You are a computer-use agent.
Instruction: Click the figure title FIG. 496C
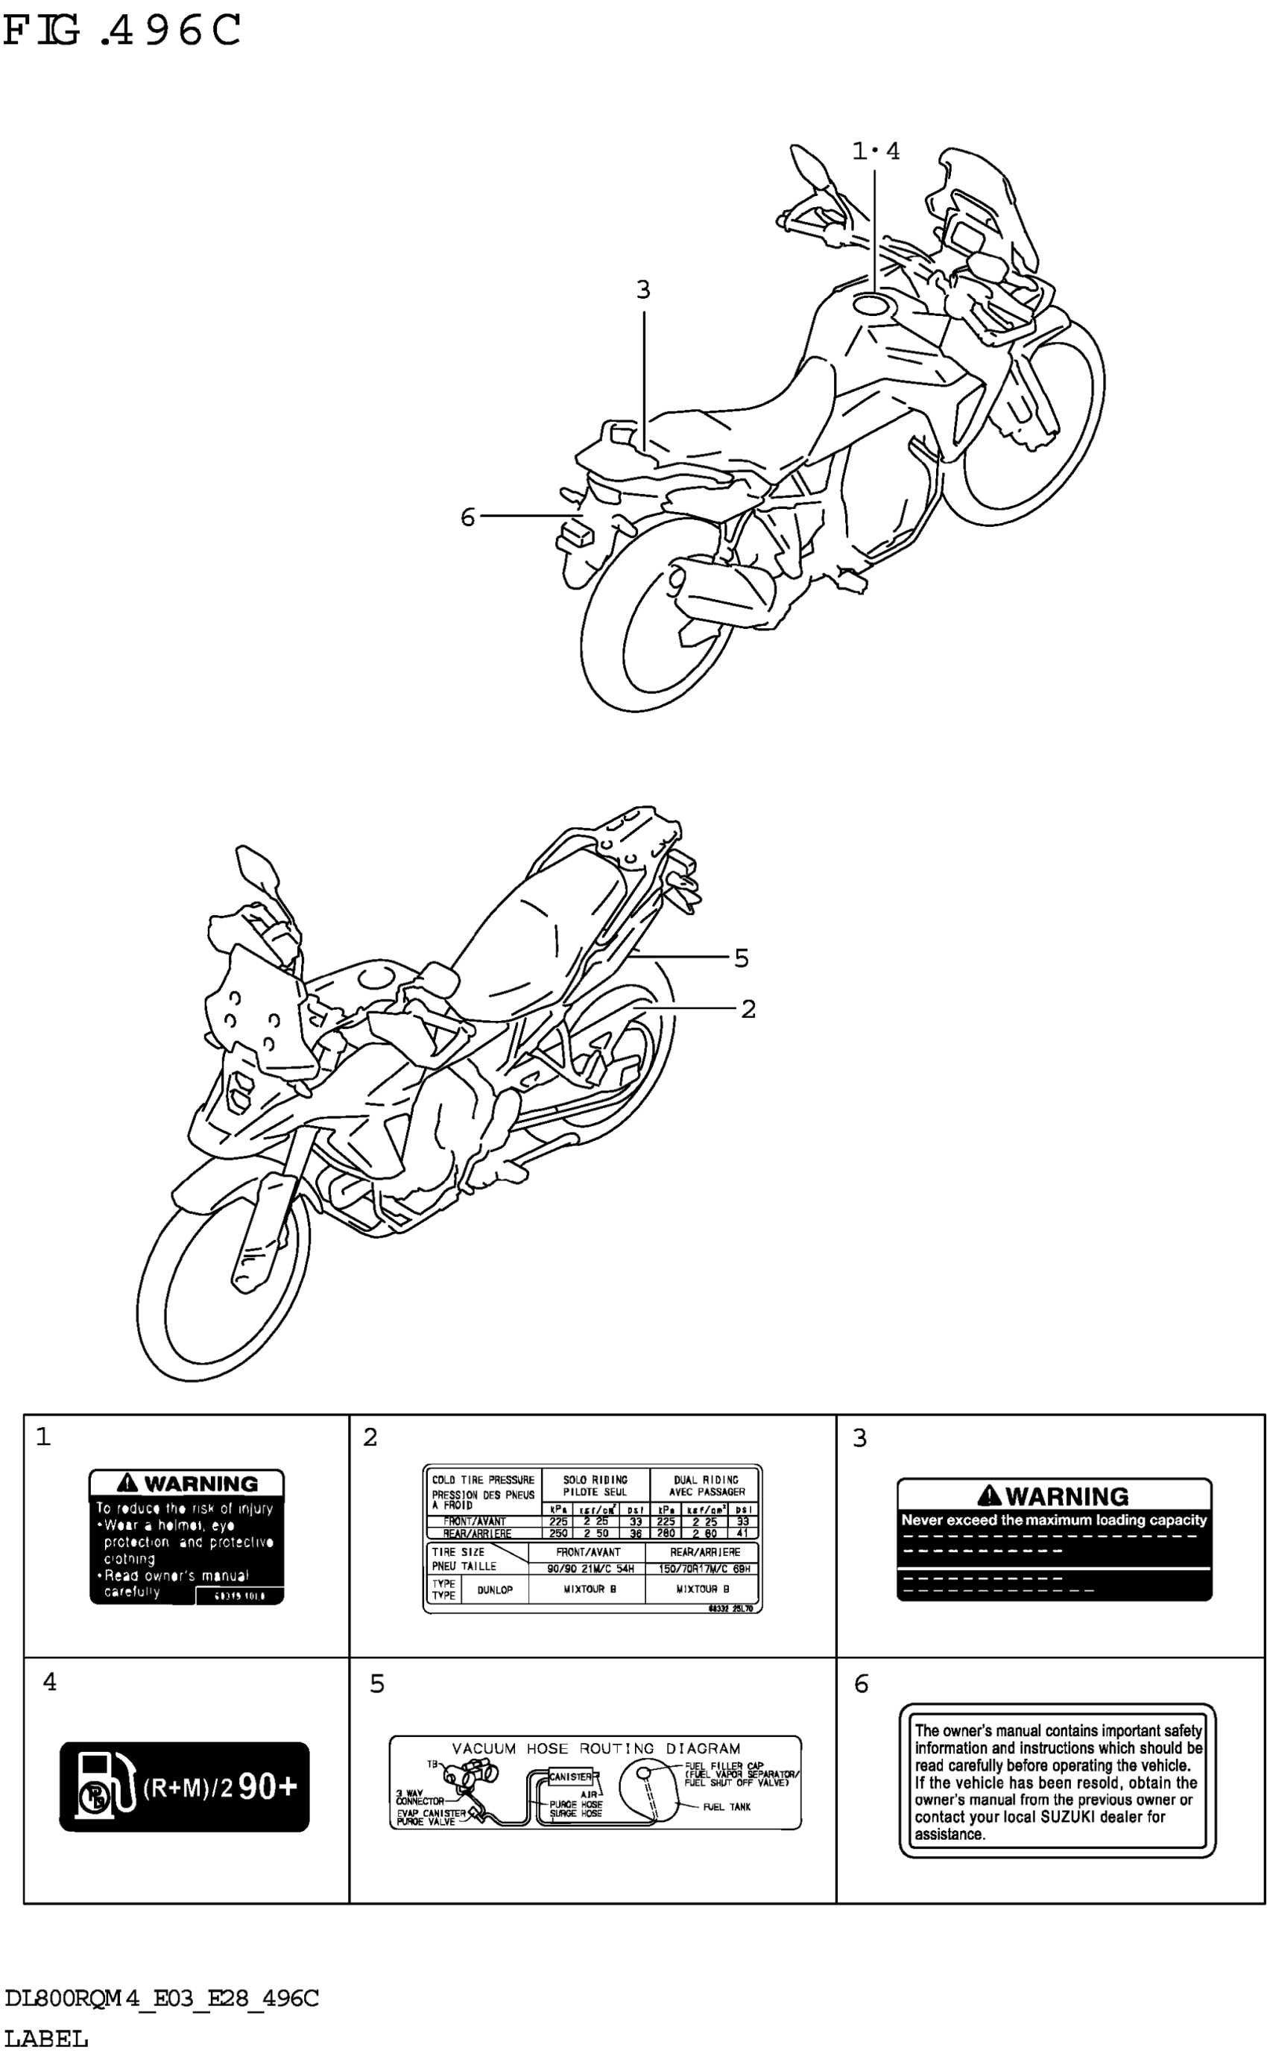(x=122, y=32)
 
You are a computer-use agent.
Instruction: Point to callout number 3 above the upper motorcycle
(x=642, y=290)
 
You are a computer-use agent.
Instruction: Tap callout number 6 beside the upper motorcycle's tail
(x=467, y=517)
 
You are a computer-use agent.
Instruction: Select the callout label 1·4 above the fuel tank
(x=876, y=151)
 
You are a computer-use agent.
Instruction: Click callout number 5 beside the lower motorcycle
(x=741, y=958)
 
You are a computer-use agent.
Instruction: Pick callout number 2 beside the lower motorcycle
(x=748, y=1008)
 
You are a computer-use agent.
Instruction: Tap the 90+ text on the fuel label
(x=268, y=1787)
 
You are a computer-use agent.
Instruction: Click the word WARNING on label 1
(x=200, y=1484)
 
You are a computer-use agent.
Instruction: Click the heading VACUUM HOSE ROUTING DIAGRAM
(x=595, y=1748)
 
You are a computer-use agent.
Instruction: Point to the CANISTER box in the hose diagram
(x=571, y=1776)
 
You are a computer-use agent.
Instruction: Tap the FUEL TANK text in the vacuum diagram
(x=727, y=1807)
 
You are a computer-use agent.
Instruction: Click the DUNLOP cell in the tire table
(x=494, y=1589)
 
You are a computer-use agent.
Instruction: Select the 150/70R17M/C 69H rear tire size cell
(x=704, y=1569)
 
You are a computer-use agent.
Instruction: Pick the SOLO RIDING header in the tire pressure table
(x=595, y=1480)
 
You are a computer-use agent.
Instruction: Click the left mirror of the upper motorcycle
(x=809, y=162)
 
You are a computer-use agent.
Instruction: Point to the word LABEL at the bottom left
(x=46, y=2037)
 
